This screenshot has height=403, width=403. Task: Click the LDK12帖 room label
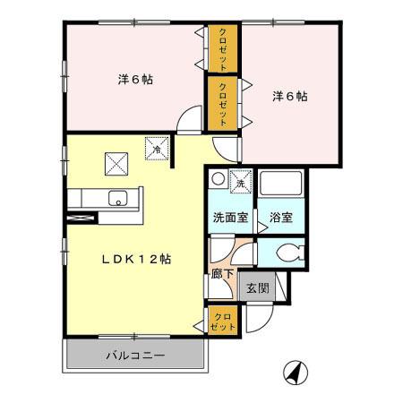pyautogui.click(x=136, y=258)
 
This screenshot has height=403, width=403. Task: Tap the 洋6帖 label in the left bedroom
pyautogui.click(x=134, y=80)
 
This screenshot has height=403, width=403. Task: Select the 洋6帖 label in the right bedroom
pyautogui.click(x=290, y=96)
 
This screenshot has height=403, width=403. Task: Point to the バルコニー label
pyautogui.click(x=134, y=356)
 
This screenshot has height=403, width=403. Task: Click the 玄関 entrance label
pyautogui.click(x=258, y=288)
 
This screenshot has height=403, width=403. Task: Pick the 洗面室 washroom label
pyautogui.click(x=230, y=218)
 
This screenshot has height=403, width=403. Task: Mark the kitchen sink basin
pyautogui.click(x=116, y=199)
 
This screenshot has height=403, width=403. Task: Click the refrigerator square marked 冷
pyautogui.click(x=156, y=146)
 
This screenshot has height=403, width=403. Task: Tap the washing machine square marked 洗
pyautogui.click(x=240, y=180)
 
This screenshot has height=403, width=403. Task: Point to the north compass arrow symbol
pyautogui.click(x=294, y=369)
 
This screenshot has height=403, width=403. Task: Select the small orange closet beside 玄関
pyautogui.click(x=223, y=321)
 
